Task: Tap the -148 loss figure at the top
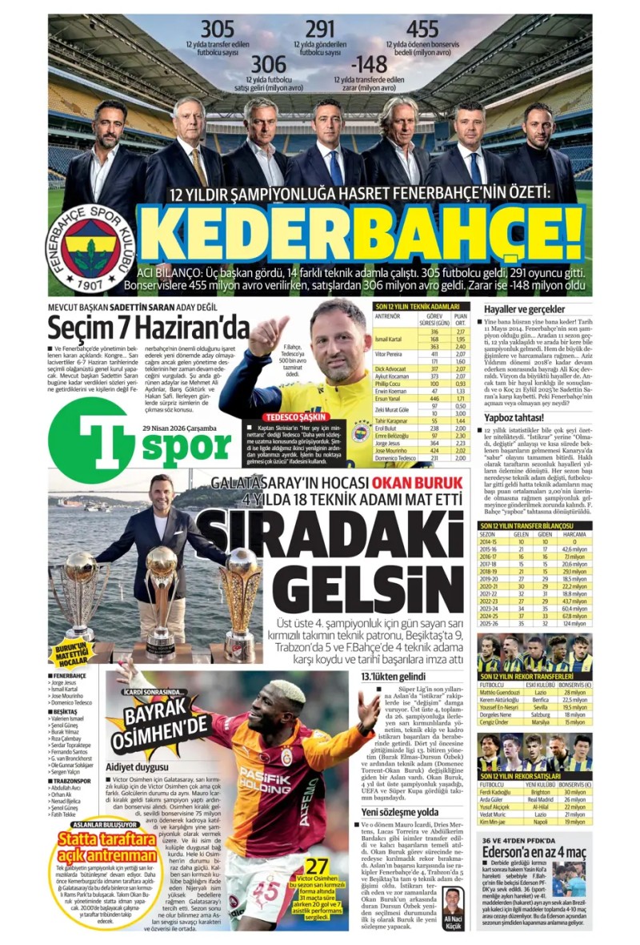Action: coord(372,63)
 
